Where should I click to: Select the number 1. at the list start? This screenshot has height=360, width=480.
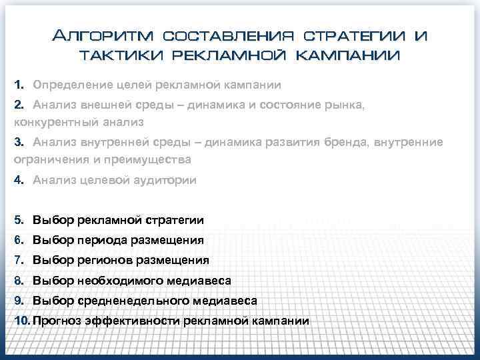point(19,85)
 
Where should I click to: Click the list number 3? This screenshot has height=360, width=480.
point(19,141)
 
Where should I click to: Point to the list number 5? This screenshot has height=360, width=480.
point(19,220)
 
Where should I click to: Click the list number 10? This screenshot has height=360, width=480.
point(22,321)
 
